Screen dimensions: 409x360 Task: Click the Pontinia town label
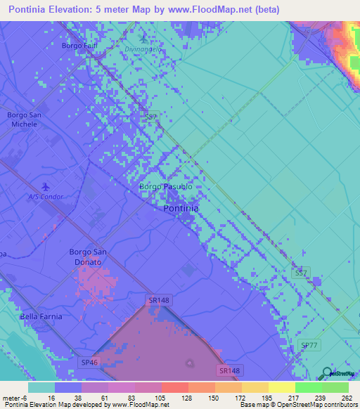181,209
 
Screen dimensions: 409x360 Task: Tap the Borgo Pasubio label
165,187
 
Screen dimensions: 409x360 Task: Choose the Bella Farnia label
41,316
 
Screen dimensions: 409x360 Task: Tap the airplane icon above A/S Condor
46,186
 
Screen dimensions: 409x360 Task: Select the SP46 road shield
89,362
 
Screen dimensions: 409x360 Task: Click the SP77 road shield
309,345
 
